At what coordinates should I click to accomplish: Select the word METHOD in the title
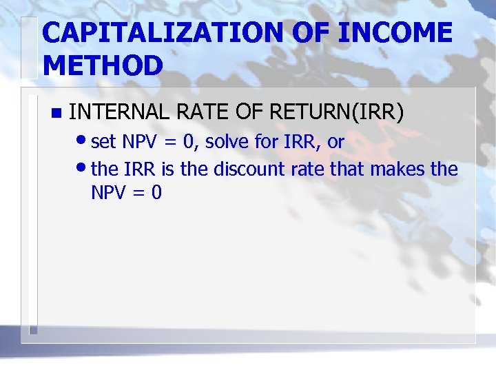click(103, 65)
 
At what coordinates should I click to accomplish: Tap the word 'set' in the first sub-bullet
click(104, 143)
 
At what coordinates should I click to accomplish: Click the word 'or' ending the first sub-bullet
click(335, 143)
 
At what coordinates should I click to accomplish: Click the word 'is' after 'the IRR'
click(168, 169)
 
